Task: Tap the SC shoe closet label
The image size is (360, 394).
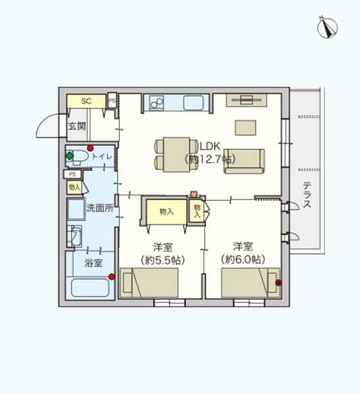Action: coord(85,101)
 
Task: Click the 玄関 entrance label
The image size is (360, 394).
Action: coord(76,126)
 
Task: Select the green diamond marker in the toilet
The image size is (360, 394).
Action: coord(69,156)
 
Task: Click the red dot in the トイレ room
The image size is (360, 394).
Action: coord(90,148)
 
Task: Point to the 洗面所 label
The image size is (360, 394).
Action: coord(100,208)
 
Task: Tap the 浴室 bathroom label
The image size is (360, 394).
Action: coord(93,263)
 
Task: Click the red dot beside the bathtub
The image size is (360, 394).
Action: coord(112,276)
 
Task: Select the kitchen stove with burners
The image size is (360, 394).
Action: coord(157,102)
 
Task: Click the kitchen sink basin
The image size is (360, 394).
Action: coord(194,102)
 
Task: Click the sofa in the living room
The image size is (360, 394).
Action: coord(244,162)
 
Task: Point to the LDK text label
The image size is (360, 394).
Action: coord(210,146)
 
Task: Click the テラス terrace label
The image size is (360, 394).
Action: coord(306,195)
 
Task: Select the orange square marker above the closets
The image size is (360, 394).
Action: coord(194,194)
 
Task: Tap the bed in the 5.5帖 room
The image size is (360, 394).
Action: coord(149,284)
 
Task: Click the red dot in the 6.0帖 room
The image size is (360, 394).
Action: coord(278,283)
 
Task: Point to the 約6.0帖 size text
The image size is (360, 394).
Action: coord(244,259)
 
